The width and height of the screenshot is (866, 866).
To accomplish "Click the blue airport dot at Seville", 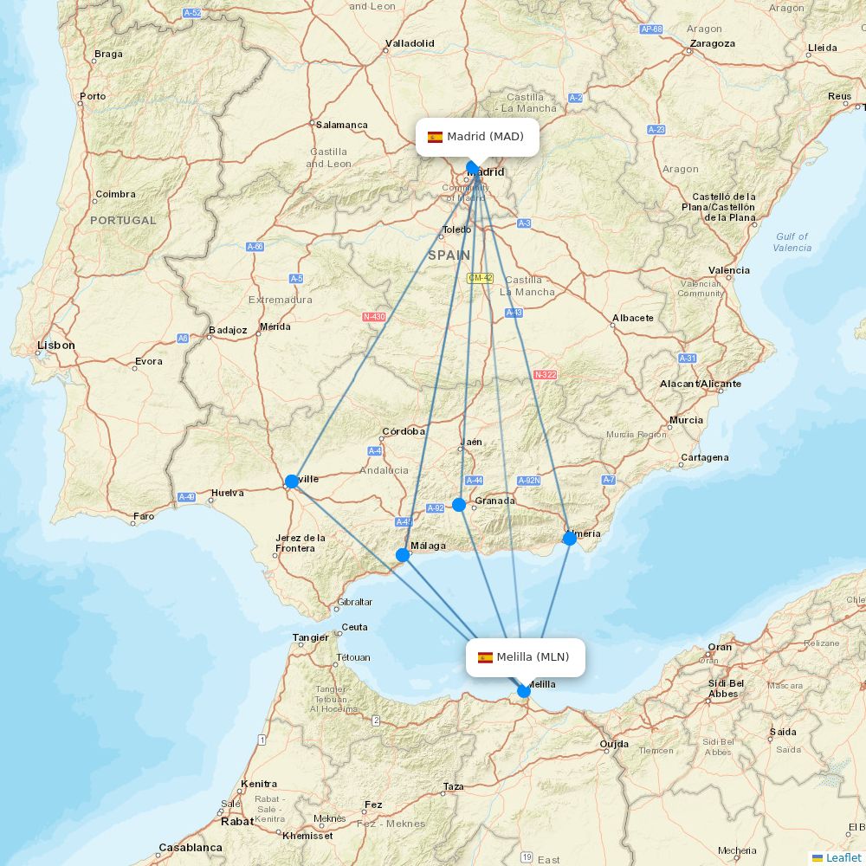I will pos(292,481).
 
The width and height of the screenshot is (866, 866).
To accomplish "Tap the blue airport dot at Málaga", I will pos(403,555).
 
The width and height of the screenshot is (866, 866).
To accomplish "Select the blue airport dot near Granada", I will pos(459,505).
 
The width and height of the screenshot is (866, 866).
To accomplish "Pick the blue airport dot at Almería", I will pos(570,539).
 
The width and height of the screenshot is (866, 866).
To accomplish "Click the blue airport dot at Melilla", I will pos(524,691).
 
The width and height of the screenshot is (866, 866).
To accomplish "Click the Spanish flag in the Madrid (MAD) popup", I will pos(435,137).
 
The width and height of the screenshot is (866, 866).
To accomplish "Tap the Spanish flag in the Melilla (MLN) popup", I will pos(485,657).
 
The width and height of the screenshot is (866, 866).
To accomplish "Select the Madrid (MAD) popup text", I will pos(485,137).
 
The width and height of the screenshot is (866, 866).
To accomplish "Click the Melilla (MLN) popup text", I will pos(533,657).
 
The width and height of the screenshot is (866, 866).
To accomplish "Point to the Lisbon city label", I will pos(56,346).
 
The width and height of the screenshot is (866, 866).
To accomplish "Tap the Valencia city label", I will pos(728,270).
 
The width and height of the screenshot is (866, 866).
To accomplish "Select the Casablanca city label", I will pos(191,848).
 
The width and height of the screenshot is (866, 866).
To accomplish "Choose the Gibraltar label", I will pos(354,602).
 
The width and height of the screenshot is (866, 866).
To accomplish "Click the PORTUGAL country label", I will pos(123,221).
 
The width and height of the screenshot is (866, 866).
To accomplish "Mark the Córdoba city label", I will pos(403,431).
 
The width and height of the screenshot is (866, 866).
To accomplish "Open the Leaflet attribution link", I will pos(843,857).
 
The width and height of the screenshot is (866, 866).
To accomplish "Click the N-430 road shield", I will pos(374,317).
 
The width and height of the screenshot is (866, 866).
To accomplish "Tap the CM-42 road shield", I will pos(480,278).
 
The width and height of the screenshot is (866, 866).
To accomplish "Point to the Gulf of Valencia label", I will pos(792,242).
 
